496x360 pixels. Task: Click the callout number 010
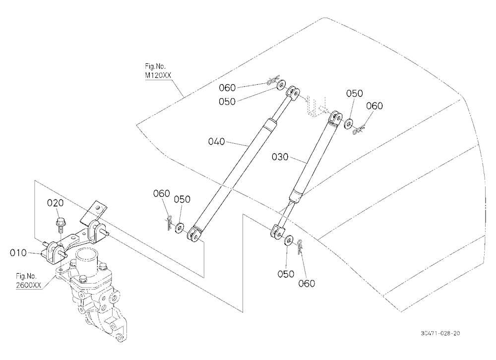[x=18, y=253]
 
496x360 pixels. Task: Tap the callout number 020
[x=56, y=203]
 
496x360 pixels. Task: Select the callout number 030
[x=280, y=157]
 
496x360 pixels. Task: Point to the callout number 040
[x=216, y=141]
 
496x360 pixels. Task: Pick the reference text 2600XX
[x=28, y=285]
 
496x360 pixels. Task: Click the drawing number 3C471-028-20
[x=440, y=333]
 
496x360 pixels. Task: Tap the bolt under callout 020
[x=59, y=224]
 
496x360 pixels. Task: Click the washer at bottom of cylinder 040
[x=180, y=228]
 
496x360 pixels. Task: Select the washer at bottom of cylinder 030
[x=288, y=240]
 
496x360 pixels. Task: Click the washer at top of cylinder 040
[x=281, y=85]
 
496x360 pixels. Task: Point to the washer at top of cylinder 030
[x=349, y=123]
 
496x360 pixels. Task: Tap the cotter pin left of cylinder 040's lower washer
[x=169, y=222]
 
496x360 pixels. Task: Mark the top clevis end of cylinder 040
[x=293, y=93]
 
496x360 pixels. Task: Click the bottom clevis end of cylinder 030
[x=277, y=231]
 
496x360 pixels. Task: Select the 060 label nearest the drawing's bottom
[x=307, y=284]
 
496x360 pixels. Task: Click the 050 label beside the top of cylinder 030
[x=354, y=93]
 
